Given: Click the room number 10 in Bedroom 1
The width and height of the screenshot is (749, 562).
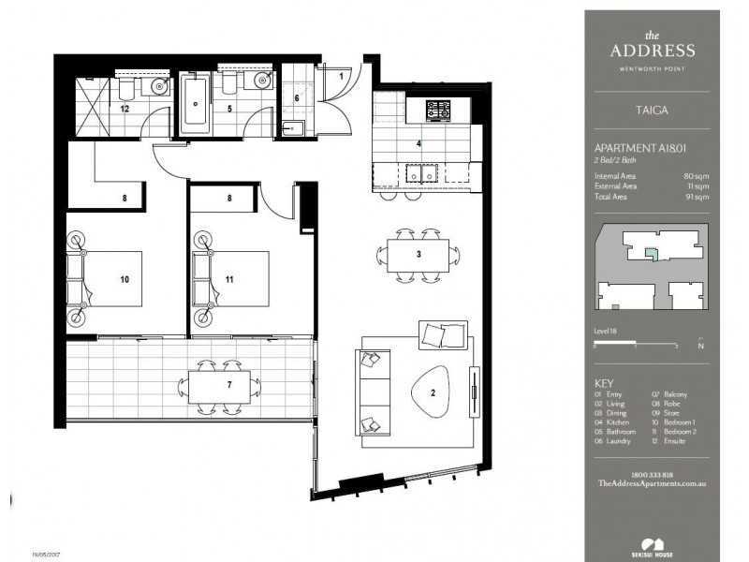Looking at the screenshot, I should (x=124, y=279).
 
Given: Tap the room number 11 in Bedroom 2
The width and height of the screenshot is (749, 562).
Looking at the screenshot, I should (x=229, y=279).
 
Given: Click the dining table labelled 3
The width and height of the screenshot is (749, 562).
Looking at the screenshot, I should (x=419, y=254).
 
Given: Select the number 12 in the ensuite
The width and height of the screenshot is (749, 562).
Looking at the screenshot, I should (x=124, y=109).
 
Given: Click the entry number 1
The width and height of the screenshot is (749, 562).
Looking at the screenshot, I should (x=342, y=76).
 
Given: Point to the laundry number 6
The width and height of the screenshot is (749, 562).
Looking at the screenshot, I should (x=298, y=97).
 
